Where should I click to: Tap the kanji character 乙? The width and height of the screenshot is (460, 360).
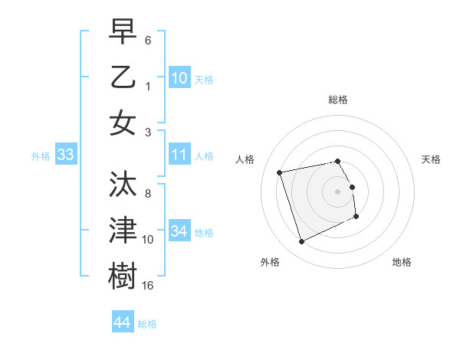(x=123, y=77)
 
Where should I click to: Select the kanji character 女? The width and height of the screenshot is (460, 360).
(x=123, y=123)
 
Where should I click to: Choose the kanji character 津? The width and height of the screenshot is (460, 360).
(x=123, y=230)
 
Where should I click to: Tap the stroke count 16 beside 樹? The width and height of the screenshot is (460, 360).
(x=148, y=285)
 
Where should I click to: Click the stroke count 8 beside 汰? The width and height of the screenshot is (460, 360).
(x=148, y=194)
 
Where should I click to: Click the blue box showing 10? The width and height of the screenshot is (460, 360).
(x=179, y=77)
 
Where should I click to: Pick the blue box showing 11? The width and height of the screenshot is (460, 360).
(x=179, y=155)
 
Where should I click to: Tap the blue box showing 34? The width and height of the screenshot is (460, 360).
(x=179, y=231)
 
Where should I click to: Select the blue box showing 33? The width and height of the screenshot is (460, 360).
(x=65, y=155)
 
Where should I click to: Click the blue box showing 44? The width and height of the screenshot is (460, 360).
(x=122, y=322)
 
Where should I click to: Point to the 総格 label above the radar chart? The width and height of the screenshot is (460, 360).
(x=337, y=100)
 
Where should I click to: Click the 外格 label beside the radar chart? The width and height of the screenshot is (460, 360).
(x=270, y=262)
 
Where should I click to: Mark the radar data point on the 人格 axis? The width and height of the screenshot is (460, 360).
(x=280, y=172)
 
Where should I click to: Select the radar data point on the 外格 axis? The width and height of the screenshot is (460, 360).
(x=301, y=242)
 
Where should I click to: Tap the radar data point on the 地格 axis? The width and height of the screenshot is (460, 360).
(x=356, y=217)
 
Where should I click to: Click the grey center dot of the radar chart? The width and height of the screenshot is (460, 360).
(x=337, y=191)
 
